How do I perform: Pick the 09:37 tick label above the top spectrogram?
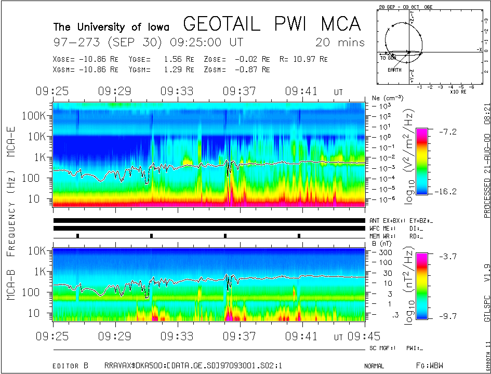click(x=240, y=91)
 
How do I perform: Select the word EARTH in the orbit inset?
click(x=394, y=70)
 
